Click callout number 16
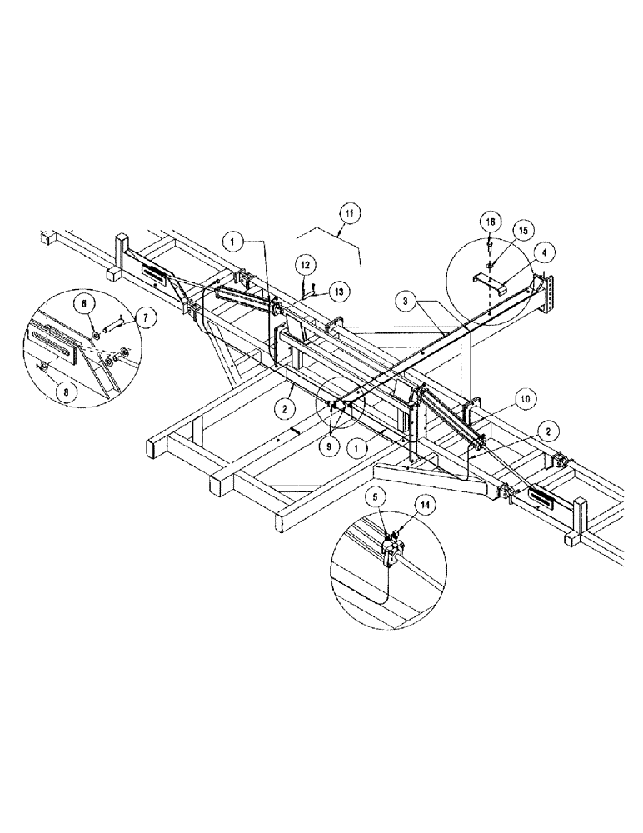pos(491,222)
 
